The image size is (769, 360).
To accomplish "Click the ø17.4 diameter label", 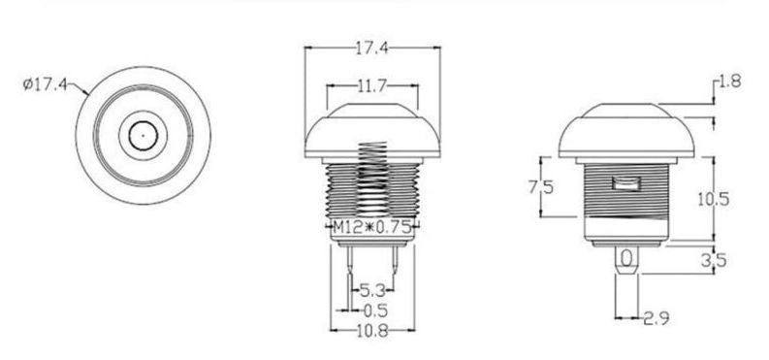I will [x=43, y=84].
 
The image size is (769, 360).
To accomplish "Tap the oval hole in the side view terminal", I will [x=627, y=258].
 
